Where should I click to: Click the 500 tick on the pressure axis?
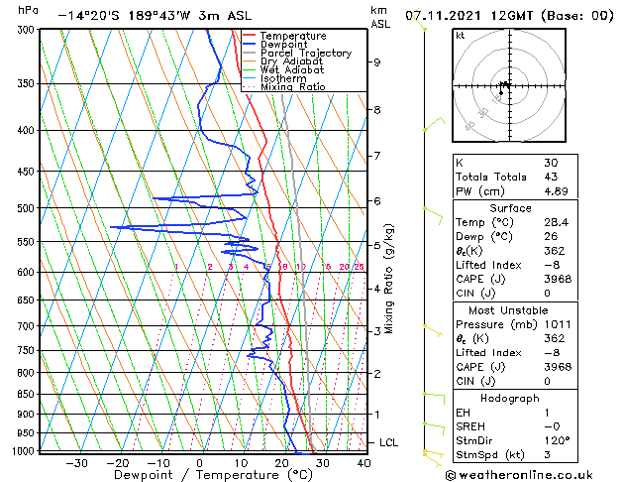(x=26, y=208)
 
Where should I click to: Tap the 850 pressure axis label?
(x=26, y=394)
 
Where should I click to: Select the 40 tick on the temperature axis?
(x=363, y=463)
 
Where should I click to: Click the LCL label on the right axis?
(x=389, y=442)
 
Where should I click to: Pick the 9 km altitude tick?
(x=377, y=62)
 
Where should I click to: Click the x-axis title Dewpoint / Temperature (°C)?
(x=200, y=475)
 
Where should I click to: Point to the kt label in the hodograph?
(x=461, y=36)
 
